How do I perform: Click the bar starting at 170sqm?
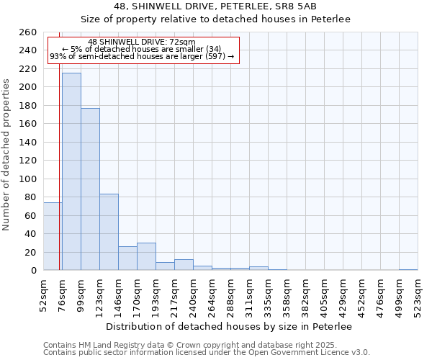[x=146, y=256]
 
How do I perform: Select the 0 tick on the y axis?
[x=33, y=271]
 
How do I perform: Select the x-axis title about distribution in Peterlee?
[x=233, y=326]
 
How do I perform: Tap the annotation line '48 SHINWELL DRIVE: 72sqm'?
[x=141, y=42]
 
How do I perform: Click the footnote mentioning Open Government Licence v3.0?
[x=207, y=352]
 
